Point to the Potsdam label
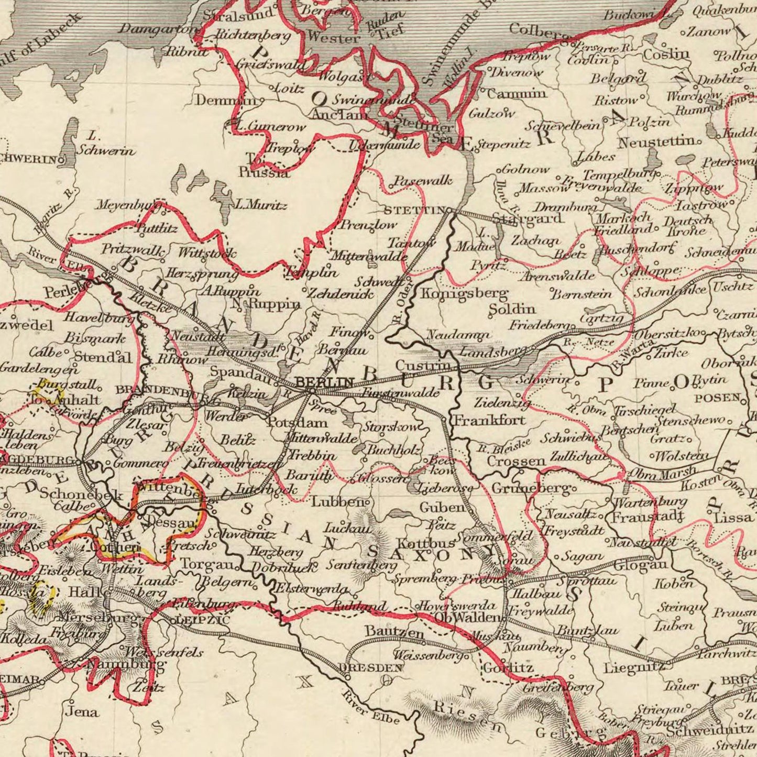298,423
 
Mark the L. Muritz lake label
261,205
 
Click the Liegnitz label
634,668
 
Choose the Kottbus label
419,542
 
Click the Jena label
81,711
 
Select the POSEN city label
718,398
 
